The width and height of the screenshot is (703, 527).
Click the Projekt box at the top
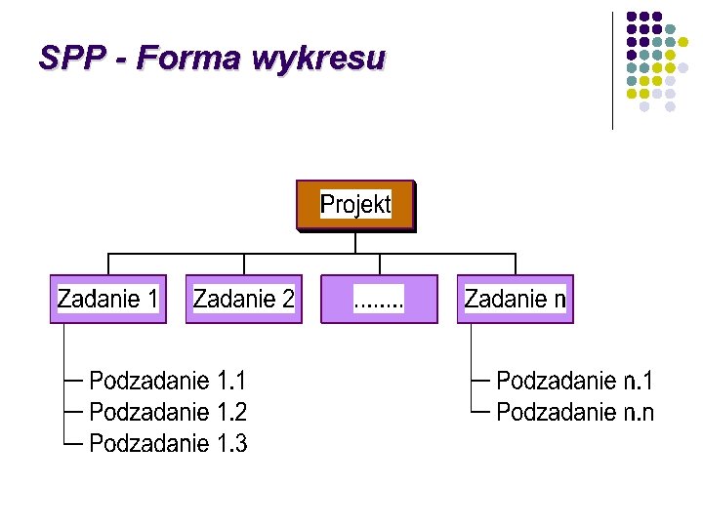pyautogui.click(x=355, y=205)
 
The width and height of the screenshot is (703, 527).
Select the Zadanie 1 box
pyautogui.click(x=107, y=299)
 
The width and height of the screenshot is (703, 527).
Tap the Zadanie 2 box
pyautogui.click(x=243, y=299)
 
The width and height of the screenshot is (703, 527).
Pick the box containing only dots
pyautogui.click(x=379, y=299)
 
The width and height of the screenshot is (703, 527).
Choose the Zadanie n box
pyautogui.click(x=515, y=299)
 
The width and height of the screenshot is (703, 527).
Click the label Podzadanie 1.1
pyautogui.click(x=168, y=380)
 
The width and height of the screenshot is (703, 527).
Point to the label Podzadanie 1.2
pyautogui.click(x=168, y=412)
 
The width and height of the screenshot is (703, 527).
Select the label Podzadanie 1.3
pyautogui.click(x=168, y=444)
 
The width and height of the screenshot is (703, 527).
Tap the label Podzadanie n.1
pyautogui.click(x=575, y=380)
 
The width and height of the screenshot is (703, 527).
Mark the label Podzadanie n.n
pyautogui.click(x=575, y=412)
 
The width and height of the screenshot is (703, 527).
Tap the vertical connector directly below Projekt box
pyautogui.click(x=355, y=242)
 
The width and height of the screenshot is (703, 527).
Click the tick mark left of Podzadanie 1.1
pyautogui.click(x=72, y=380)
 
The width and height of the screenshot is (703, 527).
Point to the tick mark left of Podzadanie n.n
pyautogui.click(x=479, y=412)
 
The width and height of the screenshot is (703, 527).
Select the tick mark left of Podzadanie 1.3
pyautogui.click(x=72, y=444)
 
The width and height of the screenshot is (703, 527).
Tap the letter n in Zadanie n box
pyautogui.click(x=559, y=300)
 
